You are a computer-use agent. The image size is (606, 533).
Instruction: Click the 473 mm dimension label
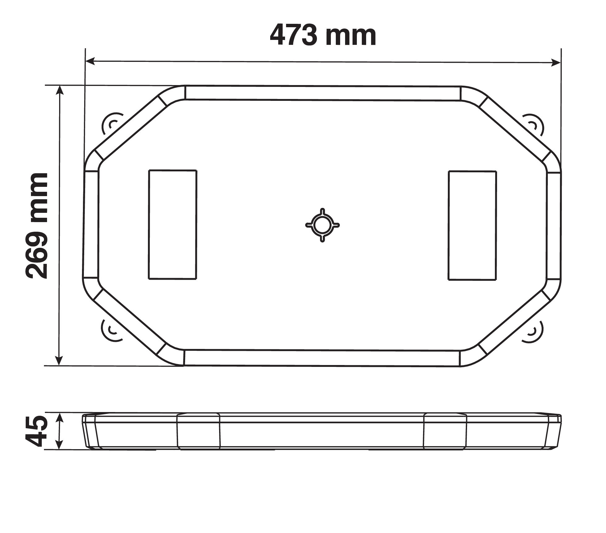pyautogui.click(x=323, y=36)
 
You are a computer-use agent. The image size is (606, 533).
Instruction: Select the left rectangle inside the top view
pyautogui.click(x=172, y=225)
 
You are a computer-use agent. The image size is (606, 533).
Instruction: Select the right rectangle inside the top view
pyautogui.click(x=472, y=226)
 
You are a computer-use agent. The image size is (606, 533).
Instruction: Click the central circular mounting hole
pyautogui.click(x=322, y=225)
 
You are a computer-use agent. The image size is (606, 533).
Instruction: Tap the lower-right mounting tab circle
pyautogui.click(x=533, y=331)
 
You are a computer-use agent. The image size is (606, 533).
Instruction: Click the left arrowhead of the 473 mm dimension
pyautogui.click(x=90, y=61)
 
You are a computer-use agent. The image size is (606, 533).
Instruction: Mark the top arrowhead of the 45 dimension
pyautogui.click(x=60, y=417)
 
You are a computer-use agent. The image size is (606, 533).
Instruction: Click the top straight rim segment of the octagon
pyautogui.click(x=322, y=93)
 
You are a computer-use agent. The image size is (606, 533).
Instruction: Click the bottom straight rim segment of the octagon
pyautogui.click(x=322, y=358)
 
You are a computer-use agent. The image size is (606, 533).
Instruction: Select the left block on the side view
pyautogui.click(x=198, y=431)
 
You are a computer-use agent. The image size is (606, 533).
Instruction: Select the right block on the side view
pyautogui.click(x=445, y=431)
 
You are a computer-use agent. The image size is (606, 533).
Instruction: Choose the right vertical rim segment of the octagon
pyautogui.click(x=554, y=226)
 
